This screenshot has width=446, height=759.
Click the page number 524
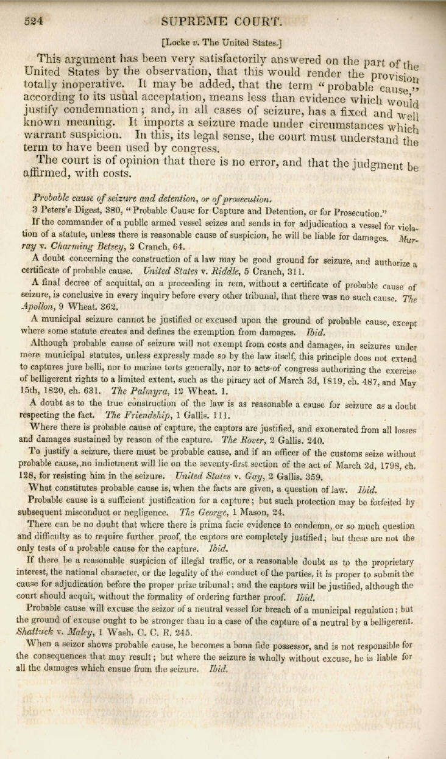pyautogui.click(x=33, y=21)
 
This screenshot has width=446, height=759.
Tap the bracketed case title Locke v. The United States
pyautogui.click(x=221, y=43)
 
